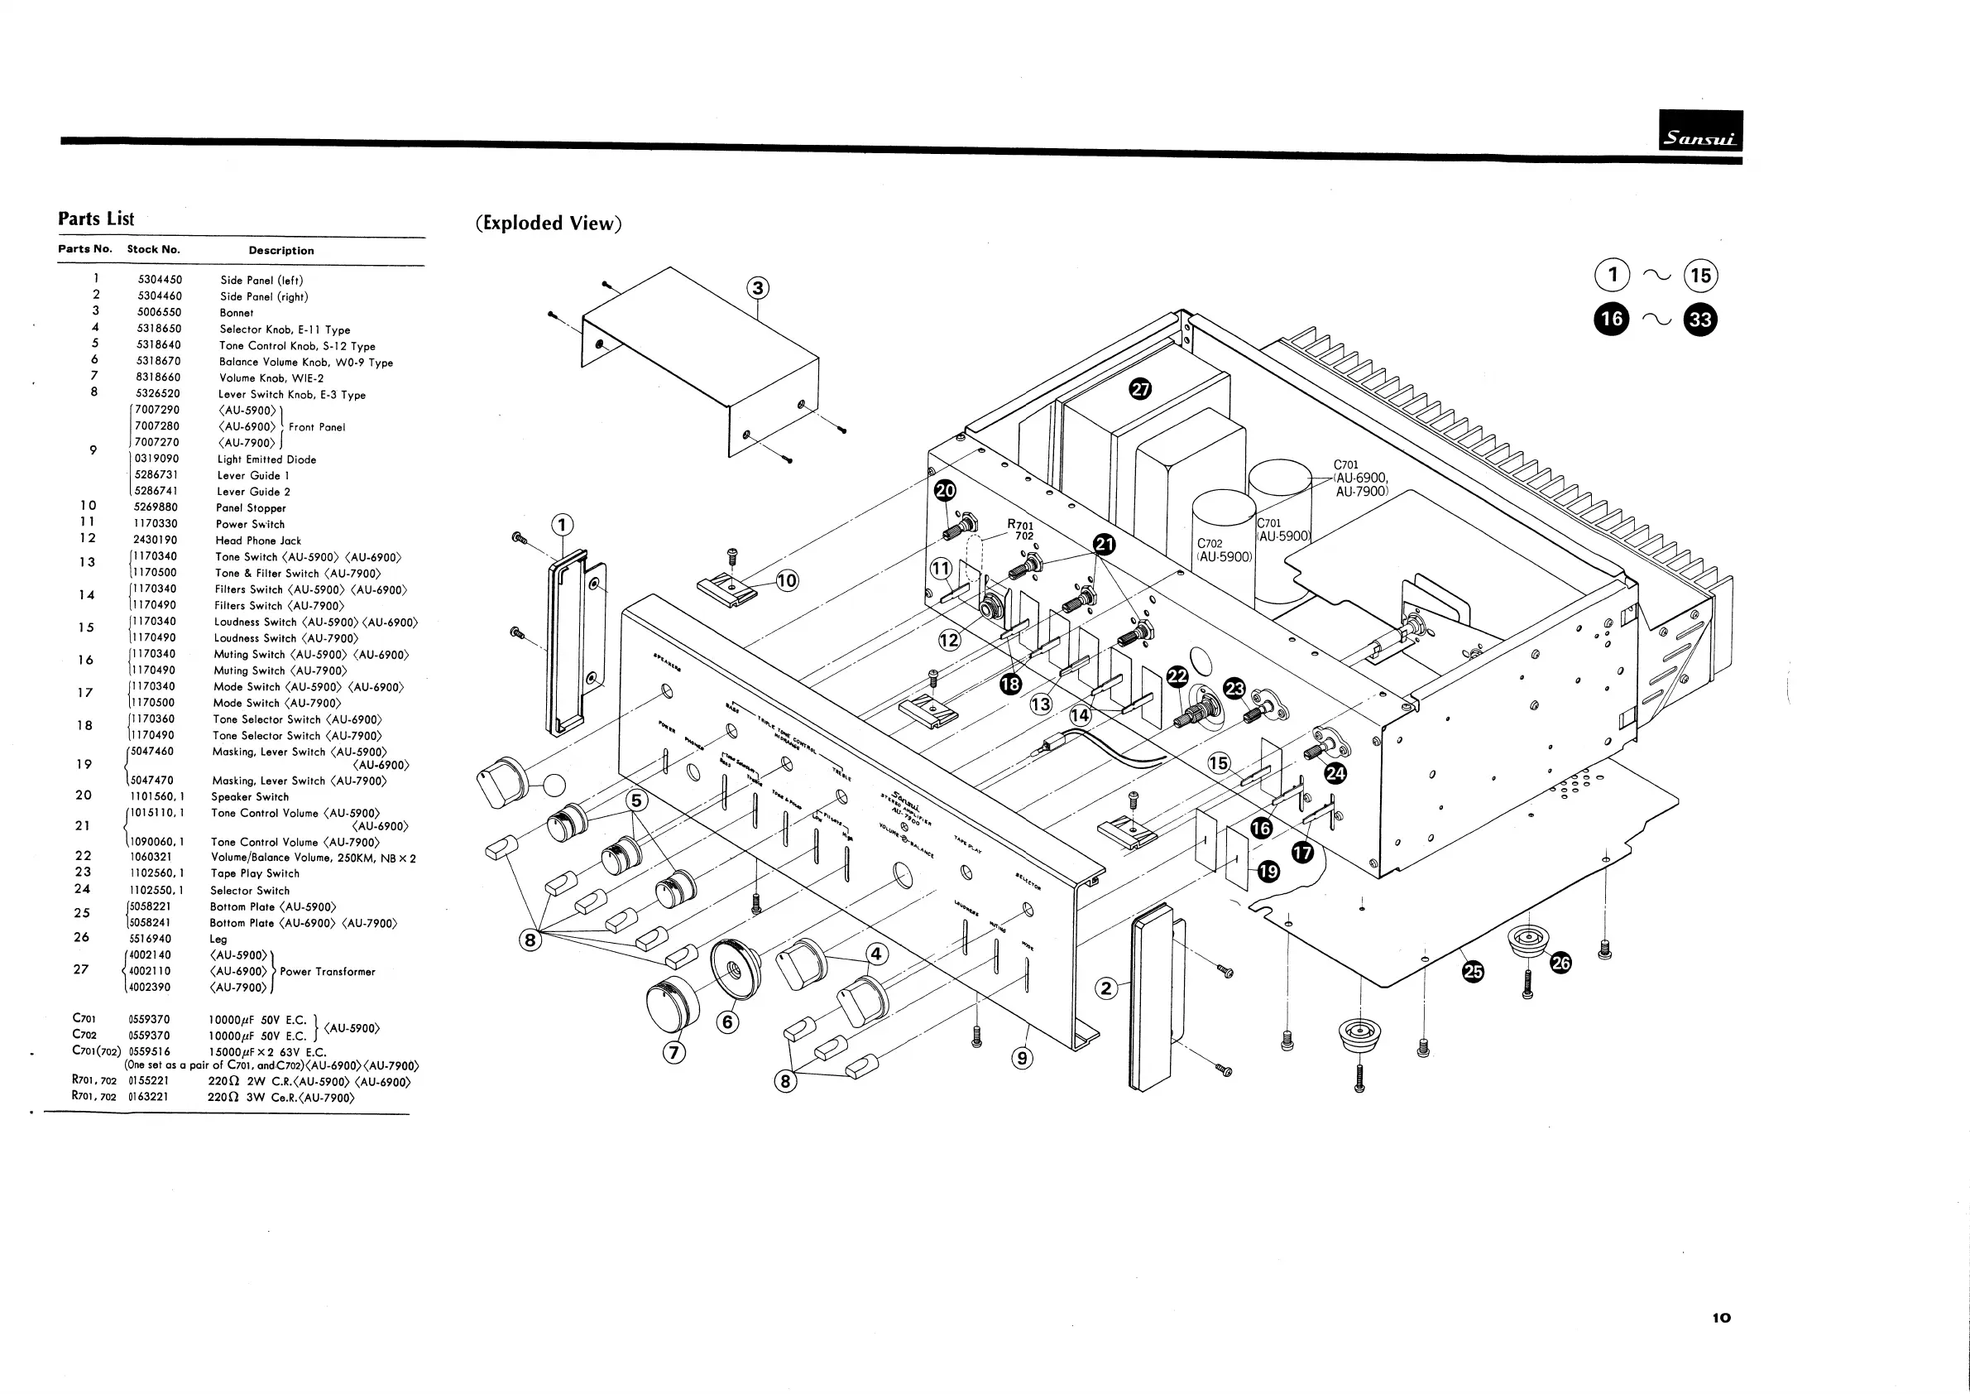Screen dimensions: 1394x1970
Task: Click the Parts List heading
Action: tap(96, 219)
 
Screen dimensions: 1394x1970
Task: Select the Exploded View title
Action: tap(549, 224)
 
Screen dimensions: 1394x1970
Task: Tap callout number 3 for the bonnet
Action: tap(758, 287)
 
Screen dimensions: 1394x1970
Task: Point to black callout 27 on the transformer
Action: tap(1139, 389)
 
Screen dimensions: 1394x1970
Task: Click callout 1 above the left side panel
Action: tap(561, 525)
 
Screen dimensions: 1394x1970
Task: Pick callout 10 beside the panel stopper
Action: tap(786, 581)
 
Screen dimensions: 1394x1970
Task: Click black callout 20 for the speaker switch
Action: tap(945, 491)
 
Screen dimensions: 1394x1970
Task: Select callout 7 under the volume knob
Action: tap(675, 1052)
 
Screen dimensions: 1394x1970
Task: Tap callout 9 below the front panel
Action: tap(1021, 1058)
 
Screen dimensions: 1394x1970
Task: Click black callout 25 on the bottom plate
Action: tap(1473, 972)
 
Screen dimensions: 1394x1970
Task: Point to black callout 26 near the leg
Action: tap(1560, 963)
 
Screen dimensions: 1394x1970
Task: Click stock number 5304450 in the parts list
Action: tap(160, 280)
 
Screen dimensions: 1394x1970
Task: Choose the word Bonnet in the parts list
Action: tap(237, 313)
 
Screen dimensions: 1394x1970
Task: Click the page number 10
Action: tap(1721, 1318)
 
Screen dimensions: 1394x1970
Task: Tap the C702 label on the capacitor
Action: tap(1210, 543)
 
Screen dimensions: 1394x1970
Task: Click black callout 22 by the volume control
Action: tap(1177, 676)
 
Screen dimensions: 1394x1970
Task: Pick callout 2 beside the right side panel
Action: tap(1106, 989)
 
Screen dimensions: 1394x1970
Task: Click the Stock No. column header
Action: tap(154, 250)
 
